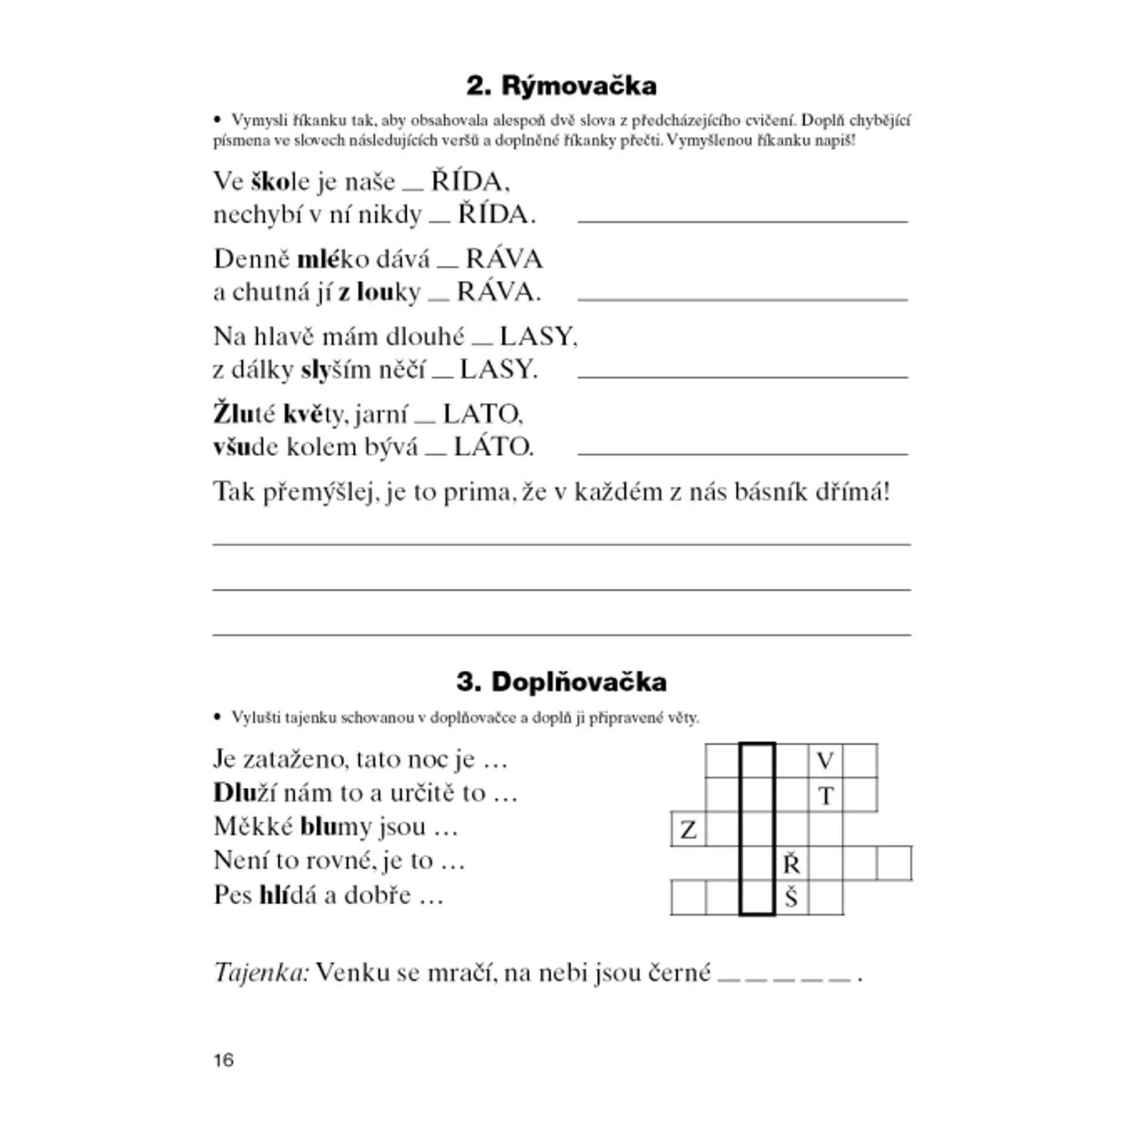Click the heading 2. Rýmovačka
(x=561, y=86)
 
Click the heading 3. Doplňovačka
(x=561, y=682)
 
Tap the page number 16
(x=224, y=1060)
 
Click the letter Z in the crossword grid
(x=688, y=830)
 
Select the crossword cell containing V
(x=825, y=760)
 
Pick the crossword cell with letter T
(x=826, y=795)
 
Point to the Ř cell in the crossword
(x=791, y=864)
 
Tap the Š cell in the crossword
(x=791, y=897)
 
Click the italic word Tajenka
(x=261, y=972)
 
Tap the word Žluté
(x=244, y=414)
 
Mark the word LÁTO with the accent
(x=493, y=447)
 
